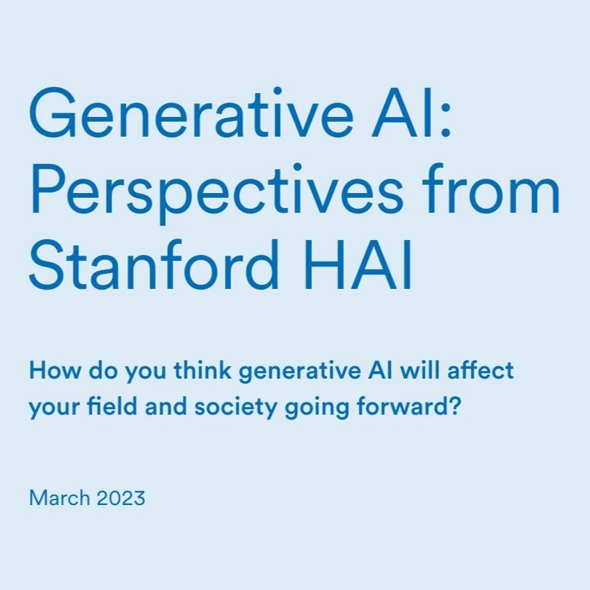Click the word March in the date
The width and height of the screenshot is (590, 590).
(x=59, y=498)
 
